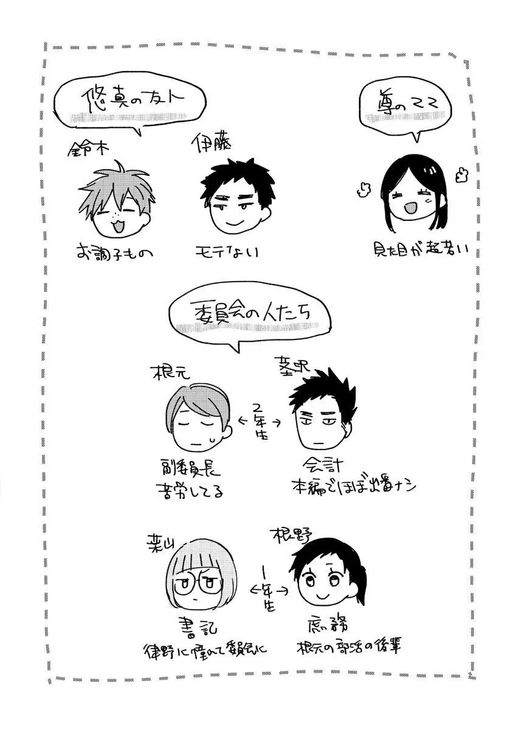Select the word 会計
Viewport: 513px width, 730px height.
(x=325, y=466)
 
